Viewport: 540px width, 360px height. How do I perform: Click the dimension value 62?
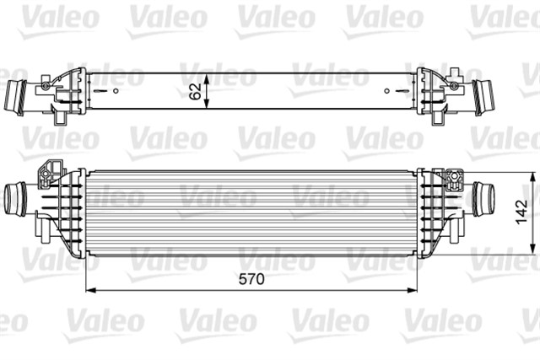pos(196,90)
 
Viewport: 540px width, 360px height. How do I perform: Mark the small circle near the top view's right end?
pos(387,89)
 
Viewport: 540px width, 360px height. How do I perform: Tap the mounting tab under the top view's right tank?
pos(438,118)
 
